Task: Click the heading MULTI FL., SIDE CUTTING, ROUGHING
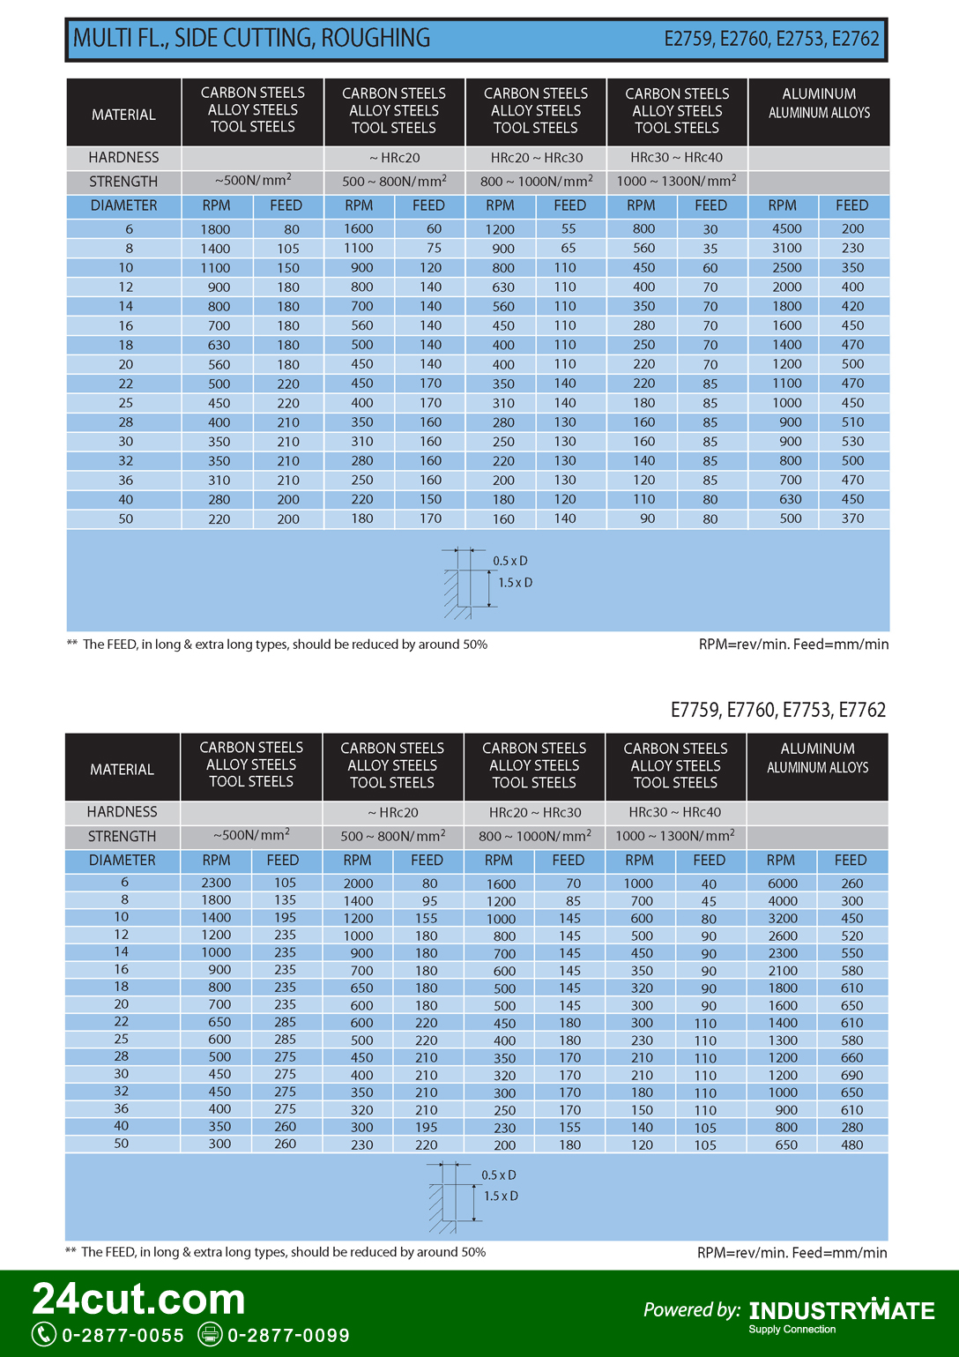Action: pyautogui.click(x=252, y=39)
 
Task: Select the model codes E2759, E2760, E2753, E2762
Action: pyautogui.click(x=771, y=39)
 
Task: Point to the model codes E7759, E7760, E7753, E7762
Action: pyautogui.click(x=777, y=710)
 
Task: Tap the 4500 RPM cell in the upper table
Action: pyautogui.click(x=786, y=228)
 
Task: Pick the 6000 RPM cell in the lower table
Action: pyautogui.click(x=782, y=884)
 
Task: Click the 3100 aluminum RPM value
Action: pyautogui.click(x=786, y=248)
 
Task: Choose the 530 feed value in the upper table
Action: pyautogui.click(x=852, y=442)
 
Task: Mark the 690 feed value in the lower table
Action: pyautogui.click(x=851, y=1075)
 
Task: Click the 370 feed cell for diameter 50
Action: pyautogui.click(x=852, y=518)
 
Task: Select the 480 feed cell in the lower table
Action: pyautogui.click(x=851, y=1145)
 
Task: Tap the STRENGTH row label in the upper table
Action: pyautogui.click(x=123, y=182)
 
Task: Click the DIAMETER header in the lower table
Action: pyautogui.click(x=123, y=861)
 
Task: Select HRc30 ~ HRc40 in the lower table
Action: pyautogui.click(x=675, y=812)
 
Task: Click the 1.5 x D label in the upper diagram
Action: pyautogui.click(x=516, y=583)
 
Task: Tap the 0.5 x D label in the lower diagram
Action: pyautogui.click(x=499, y=1175)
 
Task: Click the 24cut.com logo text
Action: pyautogui.click(x=139, y=1299)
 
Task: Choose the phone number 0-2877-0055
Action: pyautogui.click(x=123, y=1335)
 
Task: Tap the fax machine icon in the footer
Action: pyautogui.click(x=210, y=1334)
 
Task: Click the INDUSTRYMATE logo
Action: pyautogui.click(x=842, y=1311)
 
